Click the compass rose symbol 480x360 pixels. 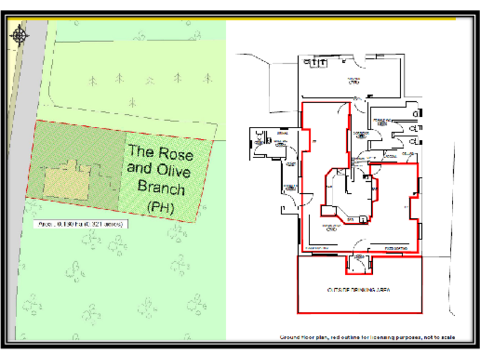point(20,35)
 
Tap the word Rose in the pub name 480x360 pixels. point(177,153)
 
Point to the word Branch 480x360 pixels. point(161,187)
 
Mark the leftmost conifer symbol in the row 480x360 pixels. point(93,81)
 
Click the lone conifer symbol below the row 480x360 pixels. point(132,101)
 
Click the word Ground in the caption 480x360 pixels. point(290,337)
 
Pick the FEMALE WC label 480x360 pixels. point(381,120)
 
